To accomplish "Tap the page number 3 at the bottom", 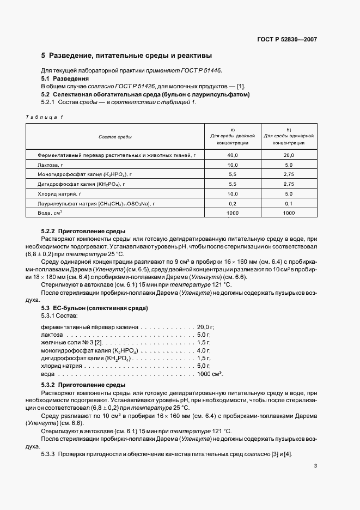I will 315,466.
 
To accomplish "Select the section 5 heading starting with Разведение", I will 126,56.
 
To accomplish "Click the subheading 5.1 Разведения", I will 62,78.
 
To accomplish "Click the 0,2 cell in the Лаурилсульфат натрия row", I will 233,203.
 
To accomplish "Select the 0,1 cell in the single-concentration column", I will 289,203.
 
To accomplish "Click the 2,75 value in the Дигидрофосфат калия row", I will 289,184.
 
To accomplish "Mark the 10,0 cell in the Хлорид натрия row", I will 233,193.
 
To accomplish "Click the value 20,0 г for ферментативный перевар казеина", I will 206,326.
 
